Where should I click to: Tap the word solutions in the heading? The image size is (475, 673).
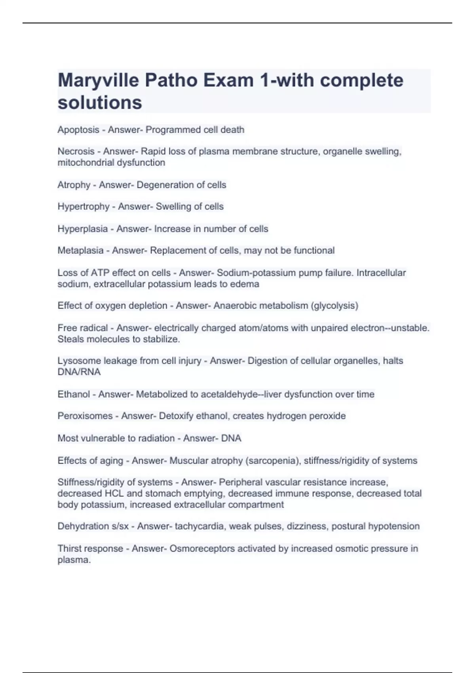point(100,103)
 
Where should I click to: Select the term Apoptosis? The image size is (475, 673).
point(78,130)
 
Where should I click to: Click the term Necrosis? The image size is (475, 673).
point(76,151)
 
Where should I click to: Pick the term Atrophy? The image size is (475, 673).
point(74,185)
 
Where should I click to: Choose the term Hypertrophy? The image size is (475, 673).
point(84,207)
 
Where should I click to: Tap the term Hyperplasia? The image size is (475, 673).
point(83,229)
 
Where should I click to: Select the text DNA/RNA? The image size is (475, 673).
point(79,372)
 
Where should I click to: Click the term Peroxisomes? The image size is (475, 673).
point(85,416)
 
